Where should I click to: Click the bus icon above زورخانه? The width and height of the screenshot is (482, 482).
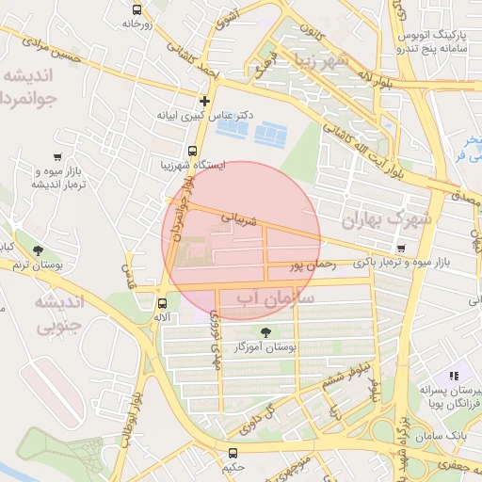click(x=137, y=9)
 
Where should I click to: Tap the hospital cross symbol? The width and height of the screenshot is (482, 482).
click(x=204, y=101)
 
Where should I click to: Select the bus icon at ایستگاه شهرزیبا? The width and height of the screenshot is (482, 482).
click(x=192, y=151)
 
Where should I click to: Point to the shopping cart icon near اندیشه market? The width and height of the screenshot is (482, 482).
click(x=58, y=157)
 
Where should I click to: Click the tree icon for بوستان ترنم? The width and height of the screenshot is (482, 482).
click(x=38, y=250)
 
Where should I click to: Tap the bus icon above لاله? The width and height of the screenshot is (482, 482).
click(x=163, y=303)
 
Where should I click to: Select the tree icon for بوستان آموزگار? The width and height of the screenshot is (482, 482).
click(x=265, y=331)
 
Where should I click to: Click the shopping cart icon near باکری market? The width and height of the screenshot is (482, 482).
click(x=402, y=248)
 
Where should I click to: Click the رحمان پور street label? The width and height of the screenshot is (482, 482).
click(x=313, y=265)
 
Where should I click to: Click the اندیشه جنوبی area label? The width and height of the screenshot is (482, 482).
click(x=59, y=314)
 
